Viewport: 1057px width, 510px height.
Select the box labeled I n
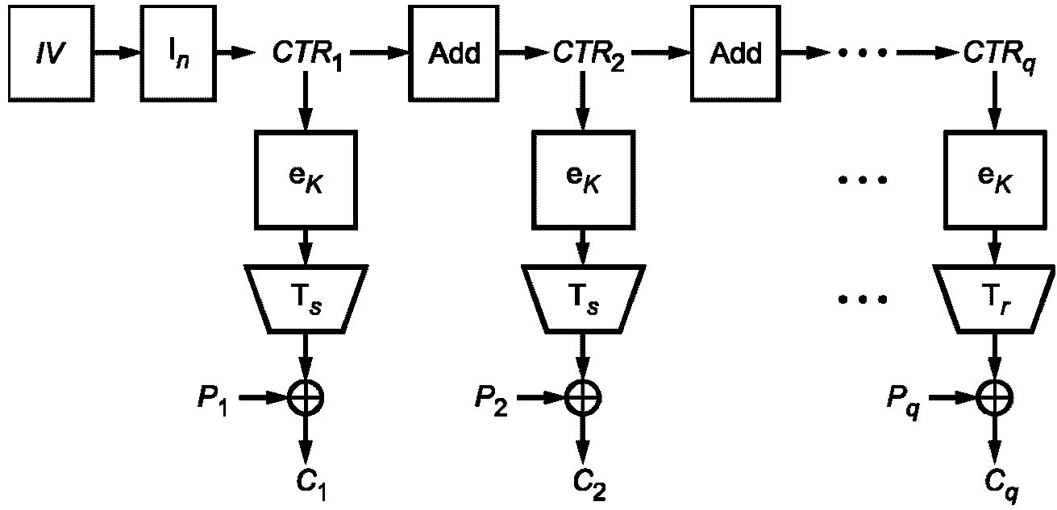(173, 53)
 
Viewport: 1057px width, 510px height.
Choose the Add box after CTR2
(735, 53)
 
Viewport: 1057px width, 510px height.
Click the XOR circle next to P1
(306, 396)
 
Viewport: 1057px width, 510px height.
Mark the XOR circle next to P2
(579, 396)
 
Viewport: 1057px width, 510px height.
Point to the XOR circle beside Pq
(993, 396)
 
